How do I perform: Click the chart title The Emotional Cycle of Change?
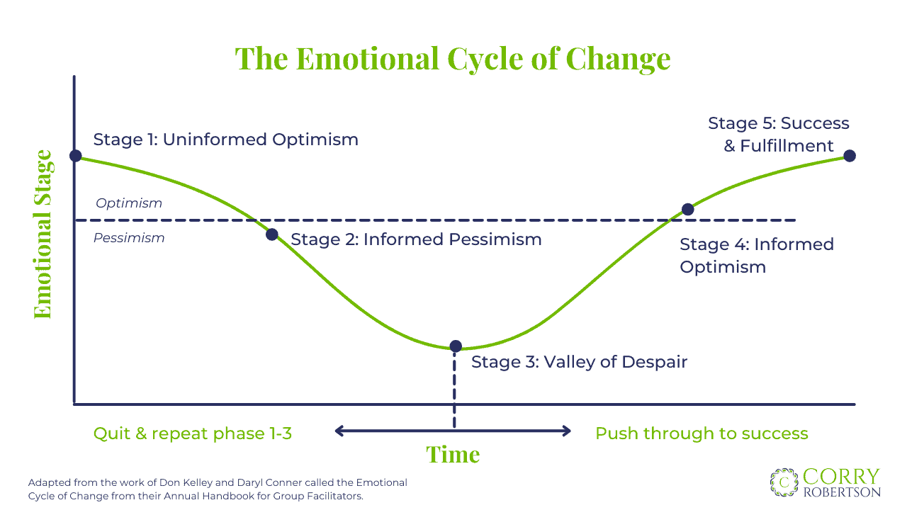pos(453,58)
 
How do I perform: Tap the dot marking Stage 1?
pos(76,156)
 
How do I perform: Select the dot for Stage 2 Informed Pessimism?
pos(272,234)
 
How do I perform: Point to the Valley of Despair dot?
pos(456,346)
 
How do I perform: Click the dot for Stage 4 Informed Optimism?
pos(687,210)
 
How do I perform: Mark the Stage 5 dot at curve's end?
pos(850,156)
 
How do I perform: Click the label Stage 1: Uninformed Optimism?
pos(225,140)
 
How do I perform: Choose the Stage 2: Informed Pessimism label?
pos(416,239)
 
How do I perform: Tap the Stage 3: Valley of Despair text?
pos(579,362)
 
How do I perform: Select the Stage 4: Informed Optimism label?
pos(756,255)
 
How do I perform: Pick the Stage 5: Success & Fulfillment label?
pos(778,135)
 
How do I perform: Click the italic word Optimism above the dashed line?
pos(129,203)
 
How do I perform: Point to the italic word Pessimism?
pos(129,238)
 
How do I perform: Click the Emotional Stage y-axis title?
pos(43,234)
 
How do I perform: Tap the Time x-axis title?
pos(453,454)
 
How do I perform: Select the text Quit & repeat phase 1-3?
pos(193,433)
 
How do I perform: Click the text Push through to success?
pos(702,433)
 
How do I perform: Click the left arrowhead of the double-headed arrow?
pos(339,431)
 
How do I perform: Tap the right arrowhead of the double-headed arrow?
pos(566,431)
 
